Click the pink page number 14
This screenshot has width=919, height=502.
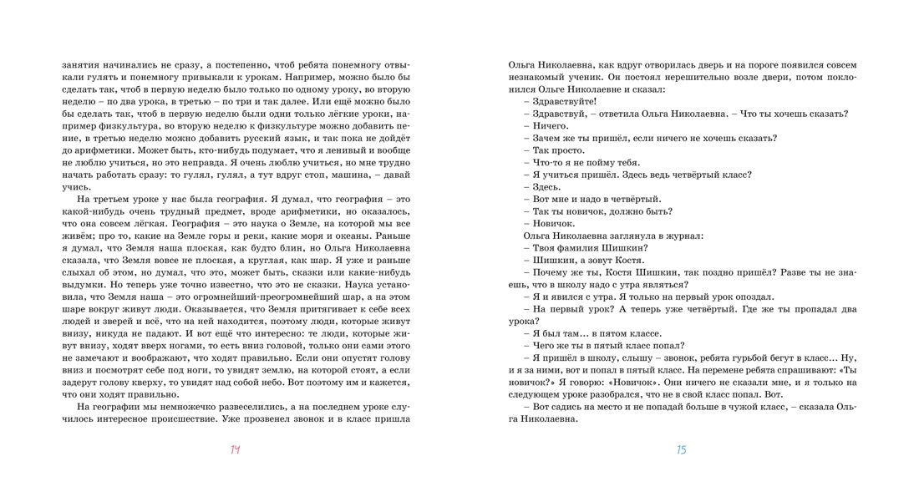point(235,450)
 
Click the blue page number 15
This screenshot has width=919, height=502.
point(681,450)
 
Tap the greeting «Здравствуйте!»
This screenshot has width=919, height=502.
point(564,101)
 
